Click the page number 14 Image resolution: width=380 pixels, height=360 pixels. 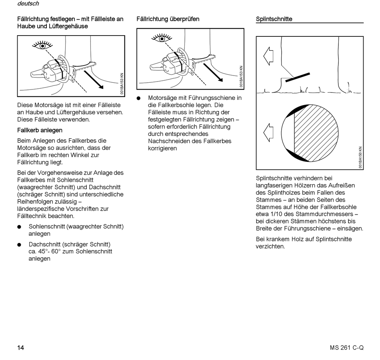[x=21, y=348]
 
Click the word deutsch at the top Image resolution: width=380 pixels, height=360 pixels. [x=28, y=4]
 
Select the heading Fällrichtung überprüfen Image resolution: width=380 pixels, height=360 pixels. [x=168, y=19]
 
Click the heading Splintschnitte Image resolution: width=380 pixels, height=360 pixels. [x=274, y=19]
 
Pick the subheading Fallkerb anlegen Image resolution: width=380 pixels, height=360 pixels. [x=40, y=130]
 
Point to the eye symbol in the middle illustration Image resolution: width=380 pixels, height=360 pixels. [x=162, y=38]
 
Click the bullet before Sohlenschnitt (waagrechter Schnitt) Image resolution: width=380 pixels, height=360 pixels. [x=19, y=227]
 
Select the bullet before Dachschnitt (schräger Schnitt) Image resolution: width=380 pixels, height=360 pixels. [x=19, y=245]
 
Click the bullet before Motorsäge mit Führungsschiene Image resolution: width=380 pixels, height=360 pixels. [x=139, y=98]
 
